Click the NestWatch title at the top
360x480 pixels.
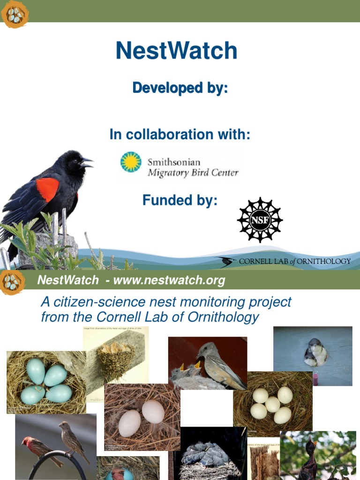[176, 51]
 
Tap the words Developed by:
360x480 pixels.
[180, 88]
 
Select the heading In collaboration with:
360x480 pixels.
[180, 135]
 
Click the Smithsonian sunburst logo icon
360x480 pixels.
[131, 162]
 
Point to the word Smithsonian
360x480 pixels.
[174, 162]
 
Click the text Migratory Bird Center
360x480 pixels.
[193, 173]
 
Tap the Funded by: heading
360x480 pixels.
[180, 201]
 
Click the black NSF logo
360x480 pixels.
[260, 220]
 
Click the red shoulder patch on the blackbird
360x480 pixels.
[48, 188]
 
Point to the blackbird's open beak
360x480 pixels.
[87, 163]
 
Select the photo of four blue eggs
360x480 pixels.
[46, 382]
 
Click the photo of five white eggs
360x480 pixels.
[272, 403]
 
